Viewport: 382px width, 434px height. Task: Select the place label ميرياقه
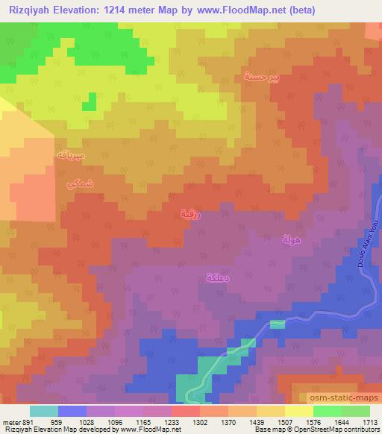[72, 155]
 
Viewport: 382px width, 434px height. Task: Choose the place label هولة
[290, 239]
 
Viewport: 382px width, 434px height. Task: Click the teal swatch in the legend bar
[44, 411]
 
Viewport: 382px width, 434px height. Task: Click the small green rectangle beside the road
[277, 324]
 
